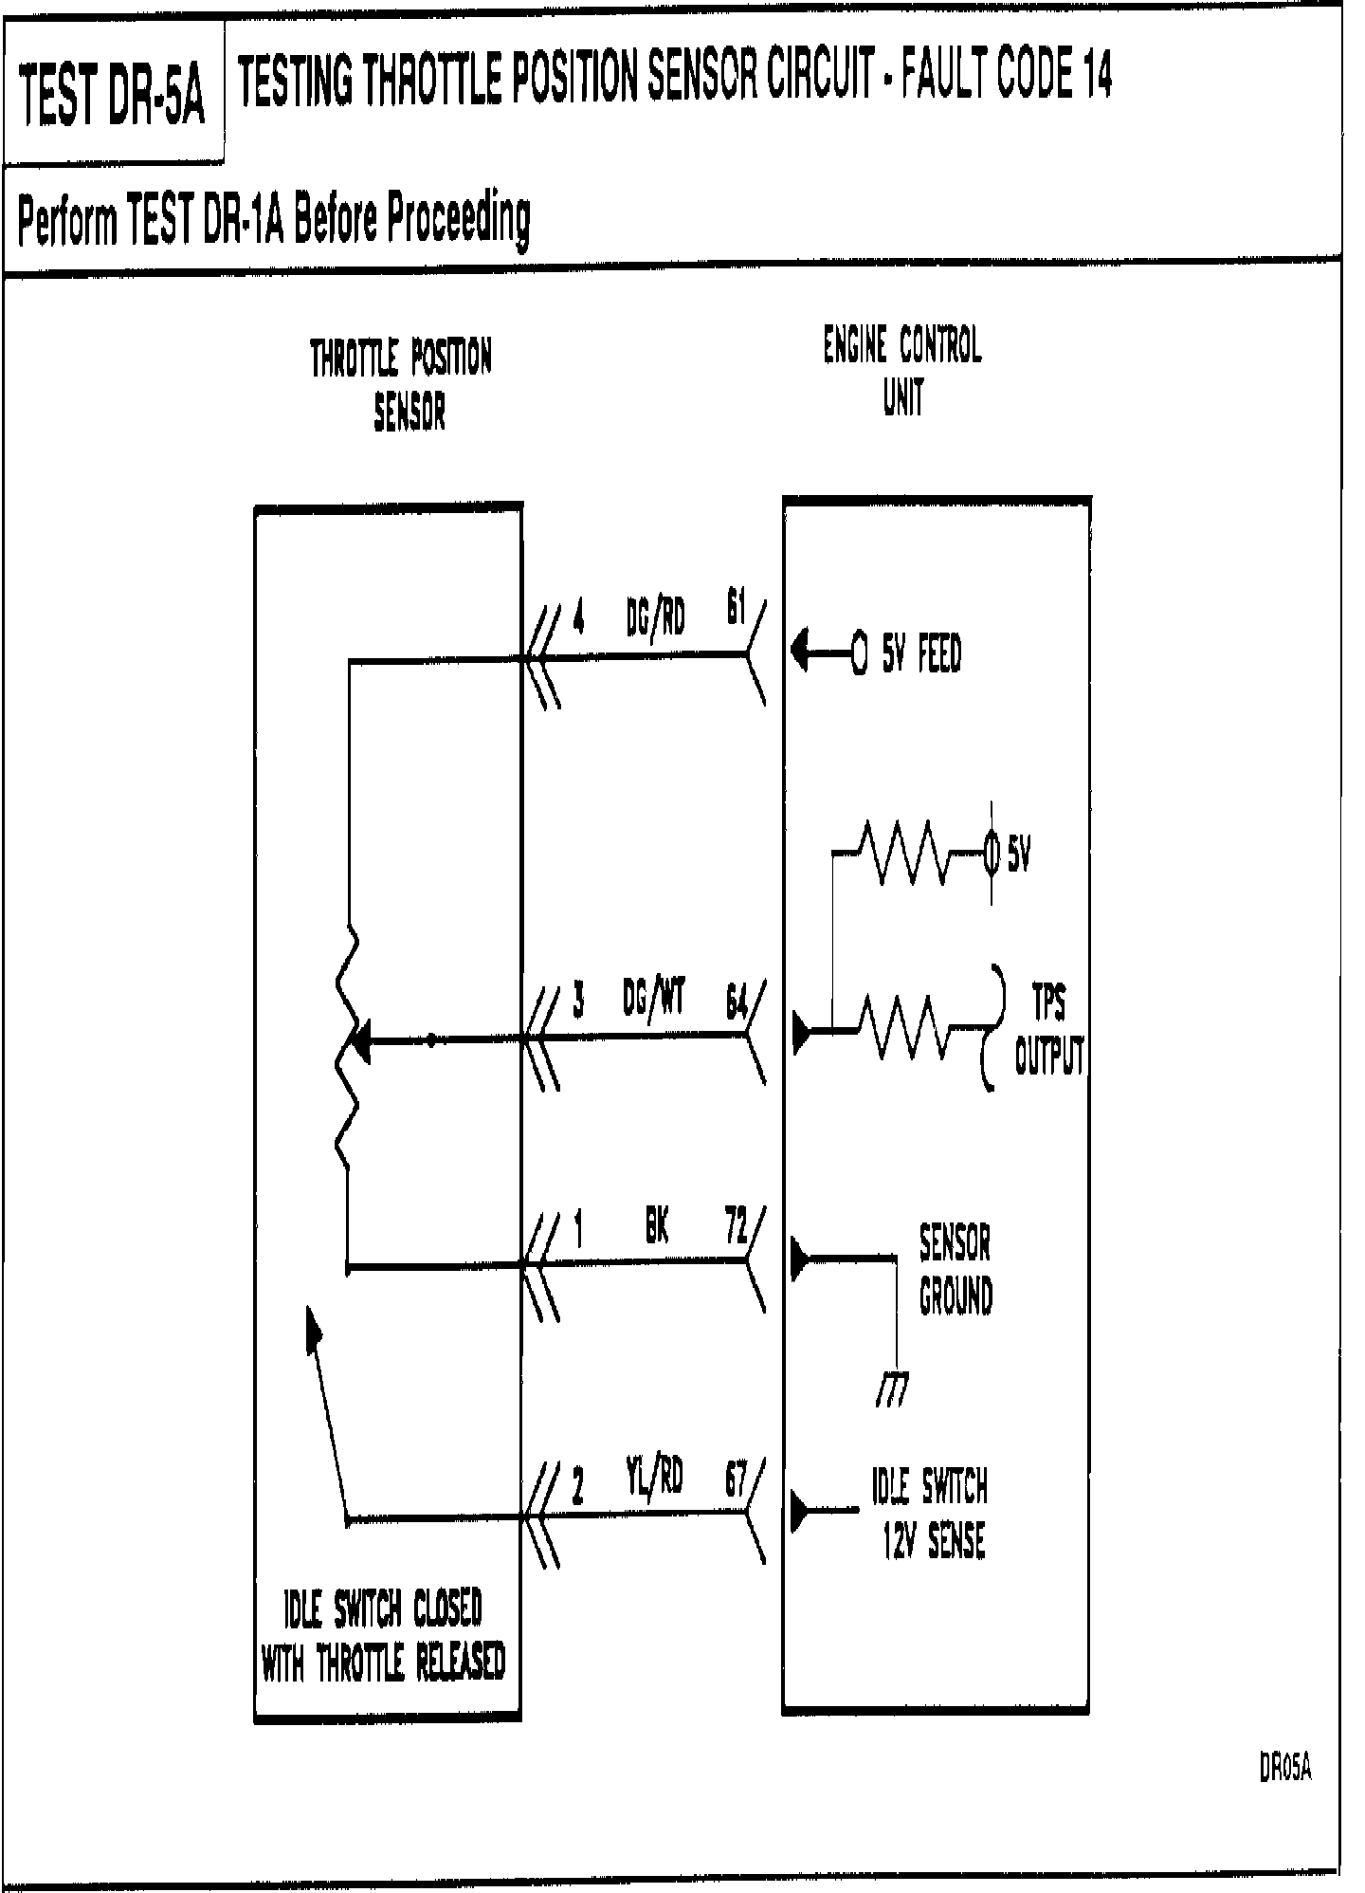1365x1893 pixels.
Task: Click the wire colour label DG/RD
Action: point(655,618)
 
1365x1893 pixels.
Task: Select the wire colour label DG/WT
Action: point(654,997)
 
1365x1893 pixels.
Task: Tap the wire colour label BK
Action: point(657,1228)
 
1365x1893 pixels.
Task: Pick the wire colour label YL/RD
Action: point(654,1475)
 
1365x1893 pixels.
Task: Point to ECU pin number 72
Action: point(735,1227)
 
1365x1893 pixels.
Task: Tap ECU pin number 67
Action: point(736,1480)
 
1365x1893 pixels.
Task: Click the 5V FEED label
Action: point(920,654)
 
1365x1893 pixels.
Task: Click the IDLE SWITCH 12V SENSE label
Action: point(930,1514)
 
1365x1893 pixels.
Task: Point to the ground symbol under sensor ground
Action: point(891,1390)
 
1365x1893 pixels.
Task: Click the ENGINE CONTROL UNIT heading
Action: point(901,370)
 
